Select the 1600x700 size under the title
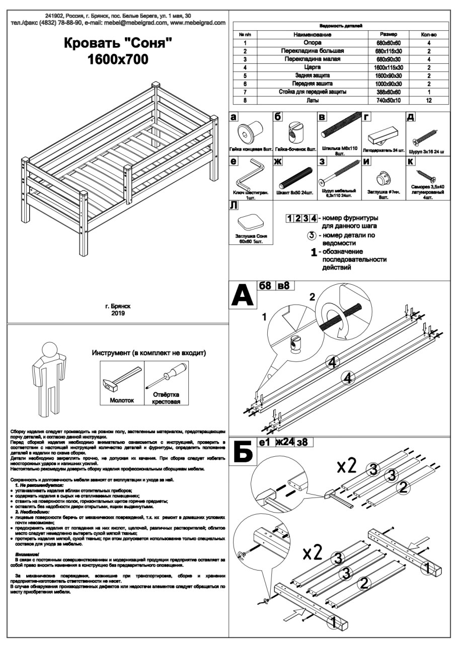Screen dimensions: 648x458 (x=118, y=60)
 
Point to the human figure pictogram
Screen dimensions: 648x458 (x=49, y=377)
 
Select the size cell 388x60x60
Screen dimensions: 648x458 (x=389, y=92)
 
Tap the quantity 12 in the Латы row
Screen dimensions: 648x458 (x=429, y=101)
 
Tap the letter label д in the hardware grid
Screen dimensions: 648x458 (x=411, y=117)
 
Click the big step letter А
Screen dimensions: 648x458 (x=243, y=297)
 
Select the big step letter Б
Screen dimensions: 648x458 (x=243, y=452)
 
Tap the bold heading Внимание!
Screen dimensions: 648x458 (x=30, y=554)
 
